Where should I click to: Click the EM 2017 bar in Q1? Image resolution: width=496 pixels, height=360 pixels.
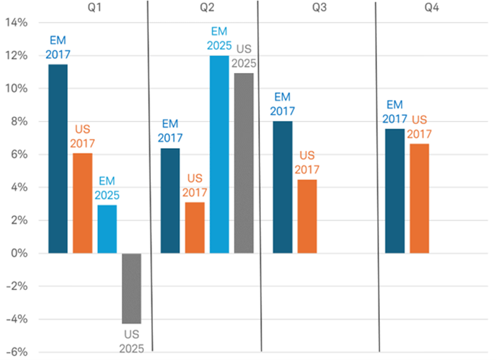coord(58,159)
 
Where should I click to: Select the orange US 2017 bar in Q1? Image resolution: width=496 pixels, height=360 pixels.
coord(82,203)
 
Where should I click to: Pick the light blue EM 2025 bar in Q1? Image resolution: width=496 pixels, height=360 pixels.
coord(107,229)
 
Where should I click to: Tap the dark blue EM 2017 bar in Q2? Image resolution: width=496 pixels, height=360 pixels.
coord(171,201)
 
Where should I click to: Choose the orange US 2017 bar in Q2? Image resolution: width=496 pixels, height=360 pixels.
coord(195,227)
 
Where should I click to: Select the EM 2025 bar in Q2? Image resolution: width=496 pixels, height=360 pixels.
coord(220,154)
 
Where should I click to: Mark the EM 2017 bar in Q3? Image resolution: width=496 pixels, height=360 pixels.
coord(283,187)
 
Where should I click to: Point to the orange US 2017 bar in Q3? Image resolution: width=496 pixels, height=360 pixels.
coord(308,216)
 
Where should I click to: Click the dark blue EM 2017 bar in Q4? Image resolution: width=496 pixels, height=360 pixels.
coord(395,191)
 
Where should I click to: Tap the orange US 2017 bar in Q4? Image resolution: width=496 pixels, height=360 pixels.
coord(419,198)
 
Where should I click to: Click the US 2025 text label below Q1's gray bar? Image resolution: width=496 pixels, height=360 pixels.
coord(131,341)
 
